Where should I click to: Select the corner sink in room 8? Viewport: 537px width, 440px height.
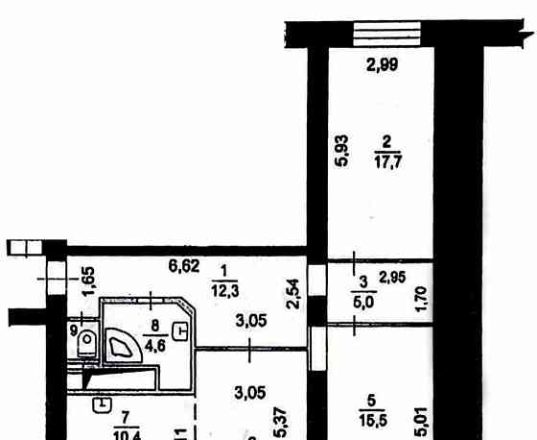(x=122, y=344)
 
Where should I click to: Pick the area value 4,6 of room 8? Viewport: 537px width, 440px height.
(x=152, y=339)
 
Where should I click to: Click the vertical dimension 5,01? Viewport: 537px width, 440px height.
(x=420, y=420)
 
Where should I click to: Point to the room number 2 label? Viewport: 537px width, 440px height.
(x=386, y=141)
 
